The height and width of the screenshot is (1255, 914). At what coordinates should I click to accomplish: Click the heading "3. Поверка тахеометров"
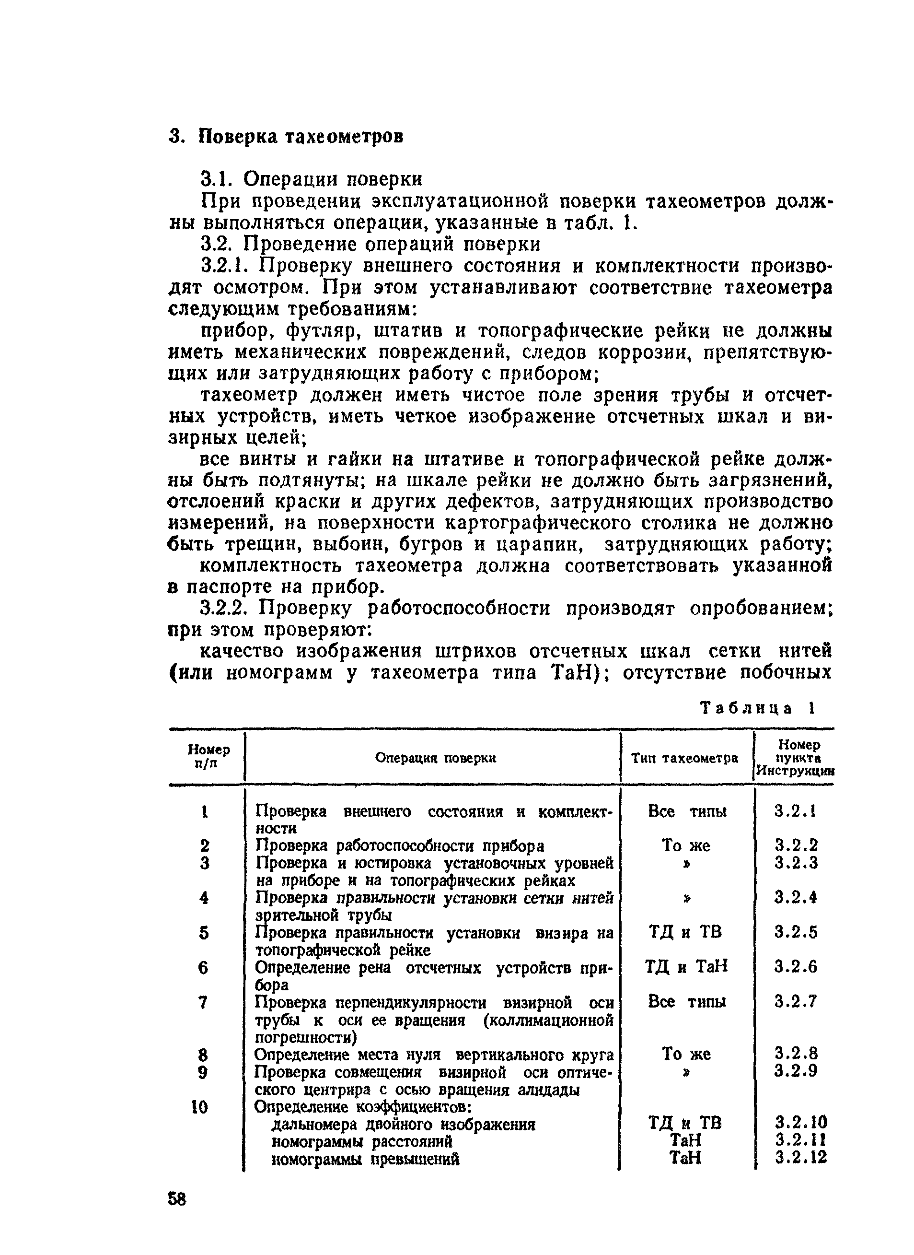click(286, 136)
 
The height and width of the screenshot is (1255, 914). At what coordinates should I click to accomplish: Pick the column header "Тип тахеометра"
click(685, 757)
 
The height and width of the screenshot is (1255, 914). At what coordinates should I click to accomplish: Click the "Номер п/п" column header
click(208, 756)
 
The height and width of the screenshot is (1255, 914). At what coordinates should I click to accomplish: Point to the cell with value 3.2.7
click(796, 1001)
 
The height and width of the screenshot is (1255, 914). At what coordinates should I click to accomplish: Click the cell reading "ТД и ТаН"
click(686, 967)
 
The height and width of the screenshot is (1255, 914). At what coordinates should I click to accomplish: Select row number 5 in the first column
click(204, 933)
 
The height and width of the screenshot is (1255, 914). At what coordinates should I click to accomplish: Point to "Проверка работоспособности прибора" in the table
click(399, 846)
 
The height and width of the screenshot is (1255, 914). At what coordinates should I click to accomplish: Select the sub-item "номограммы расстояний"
click(362, 1141)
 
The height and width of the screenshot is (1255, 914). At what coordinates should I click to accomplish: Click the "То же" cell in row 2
click(686, 845)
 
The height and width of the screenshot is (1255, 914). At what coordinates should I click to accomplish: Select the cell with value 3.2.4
click(796, 897)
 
